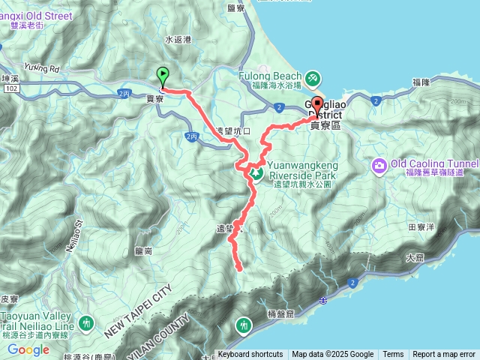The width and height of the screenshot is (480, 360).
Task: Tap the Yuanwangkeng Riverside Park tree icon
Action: pos(256,175)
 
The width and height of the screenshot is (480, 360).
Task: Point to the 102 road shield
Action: pos(10,88)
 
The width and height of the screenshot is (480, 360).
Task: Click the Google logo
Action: pos(28,349)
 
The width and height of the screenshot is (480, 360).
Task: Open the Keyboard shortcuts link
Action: pos(250,355)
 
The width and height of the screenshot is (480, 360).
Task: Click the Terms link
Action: pos(393,355)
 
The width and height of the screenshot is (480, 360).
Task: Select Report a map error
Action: pos(444,355)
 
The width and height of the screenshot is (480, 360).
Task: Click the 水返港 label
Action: pos(178,39)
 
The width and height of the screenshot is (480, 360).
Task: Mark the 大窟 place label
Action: pos(414,257)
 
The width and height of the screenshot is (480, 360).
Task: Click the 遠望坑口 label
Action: pos(229,130)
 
